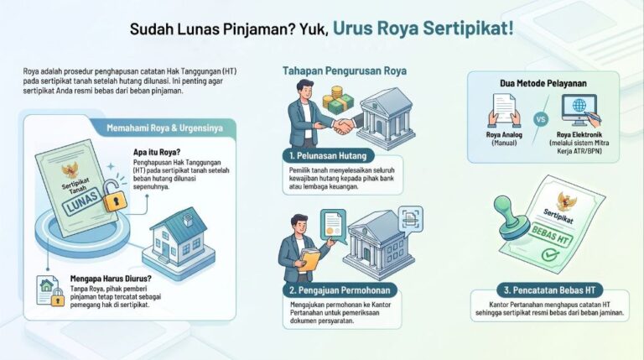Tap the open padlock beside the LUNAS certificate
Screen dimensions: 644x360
coord(114,196)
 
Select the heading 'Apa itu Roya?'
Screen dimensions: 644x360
coord(157,152)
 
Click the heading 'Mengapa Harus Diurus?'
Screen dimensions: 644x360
coord(111,279)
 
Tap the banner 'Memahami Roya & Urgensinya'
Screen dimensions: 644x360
coord(164,128)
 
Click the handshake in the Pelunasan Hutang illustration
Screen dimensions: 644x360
coord(343,126)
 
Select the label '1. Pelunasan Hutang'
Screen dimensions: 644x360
coord(328,156)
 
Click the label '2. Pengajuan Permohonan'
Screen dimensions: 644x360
coord(340,290)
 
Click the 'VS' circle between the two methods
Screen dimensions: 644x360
coord(541,120)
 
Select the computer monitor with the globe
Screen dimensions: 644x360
coord(579,110)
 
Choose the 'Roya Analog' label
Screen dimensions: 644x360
coord(504,135)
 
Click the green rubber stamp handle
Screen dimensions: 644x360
coord(508,217)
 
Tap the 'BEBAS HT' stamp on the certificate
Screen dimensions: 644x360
coord(550,236)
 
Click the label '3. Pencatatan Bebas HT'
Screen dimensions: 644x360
coord(549,290)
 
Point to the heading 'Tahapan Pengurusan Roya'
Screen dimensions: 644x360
coord(344,70)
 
